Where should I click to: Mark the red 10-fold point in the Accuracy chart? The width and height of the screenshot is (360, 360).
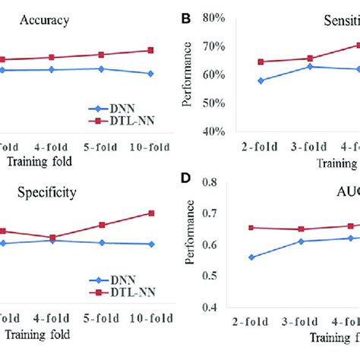click(150, 50)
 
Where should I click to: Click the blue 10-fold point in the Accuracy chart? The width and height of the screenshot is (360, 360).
click(150, 74)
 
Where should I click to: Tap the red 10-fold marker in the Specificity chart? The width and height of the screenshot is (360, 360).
click(150, 213)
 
